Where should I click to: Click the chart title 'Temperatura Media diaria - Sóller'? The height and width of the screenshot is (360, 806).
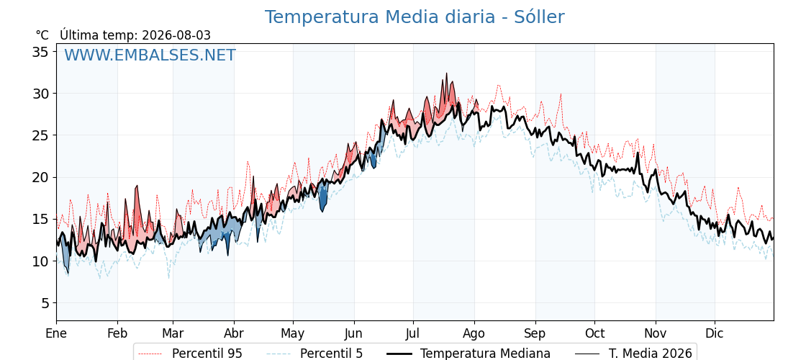(415, 17)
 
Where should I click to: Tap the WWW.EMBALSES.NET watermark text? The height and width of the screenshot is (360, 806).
(150, 55)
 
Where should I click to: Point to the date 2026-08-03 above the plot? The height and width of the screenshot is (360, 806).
(176, 35)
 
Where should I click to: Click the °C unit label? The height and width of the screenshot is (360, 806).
(42, 35)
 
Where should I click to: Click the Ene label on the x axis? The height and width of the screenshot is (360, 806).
(56, 333)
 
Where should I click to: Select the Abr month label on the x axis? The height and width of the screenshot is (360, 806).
(234, 333)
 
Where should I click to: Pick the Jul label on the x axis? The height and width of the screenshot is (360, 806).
(413, 333)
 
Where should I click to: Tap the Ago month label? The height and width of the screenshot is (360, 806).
(474, 334)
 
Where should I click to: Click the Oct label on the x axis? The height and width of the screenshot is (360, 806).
(594, 333)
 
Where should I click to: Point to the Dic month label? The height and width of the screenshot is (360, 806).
(715, 333)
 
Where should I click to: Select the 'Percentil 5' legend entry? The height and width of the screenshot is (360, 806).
(314, 354)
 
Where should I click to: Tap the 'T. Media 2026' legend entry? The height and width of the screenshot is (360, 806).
(633, 354)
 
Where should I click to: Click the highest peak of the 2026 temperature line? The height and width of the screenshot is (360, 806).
(446, 73)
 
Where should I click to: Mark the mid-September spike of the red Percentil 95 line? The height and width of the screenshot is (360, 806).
(561, 94)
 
